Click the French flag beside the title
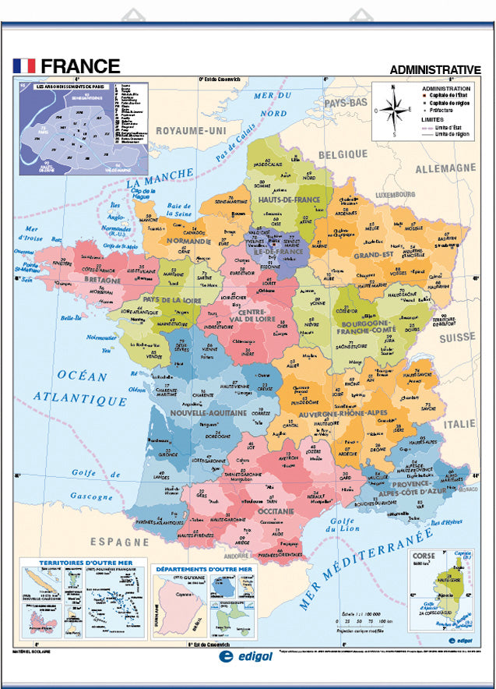(x=24, y=66)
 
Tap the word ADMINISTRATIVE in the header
(x=434, y=69)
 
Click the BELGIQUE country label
(x=342, y=154)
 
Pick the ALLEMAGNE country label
(x=445, y=168)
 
